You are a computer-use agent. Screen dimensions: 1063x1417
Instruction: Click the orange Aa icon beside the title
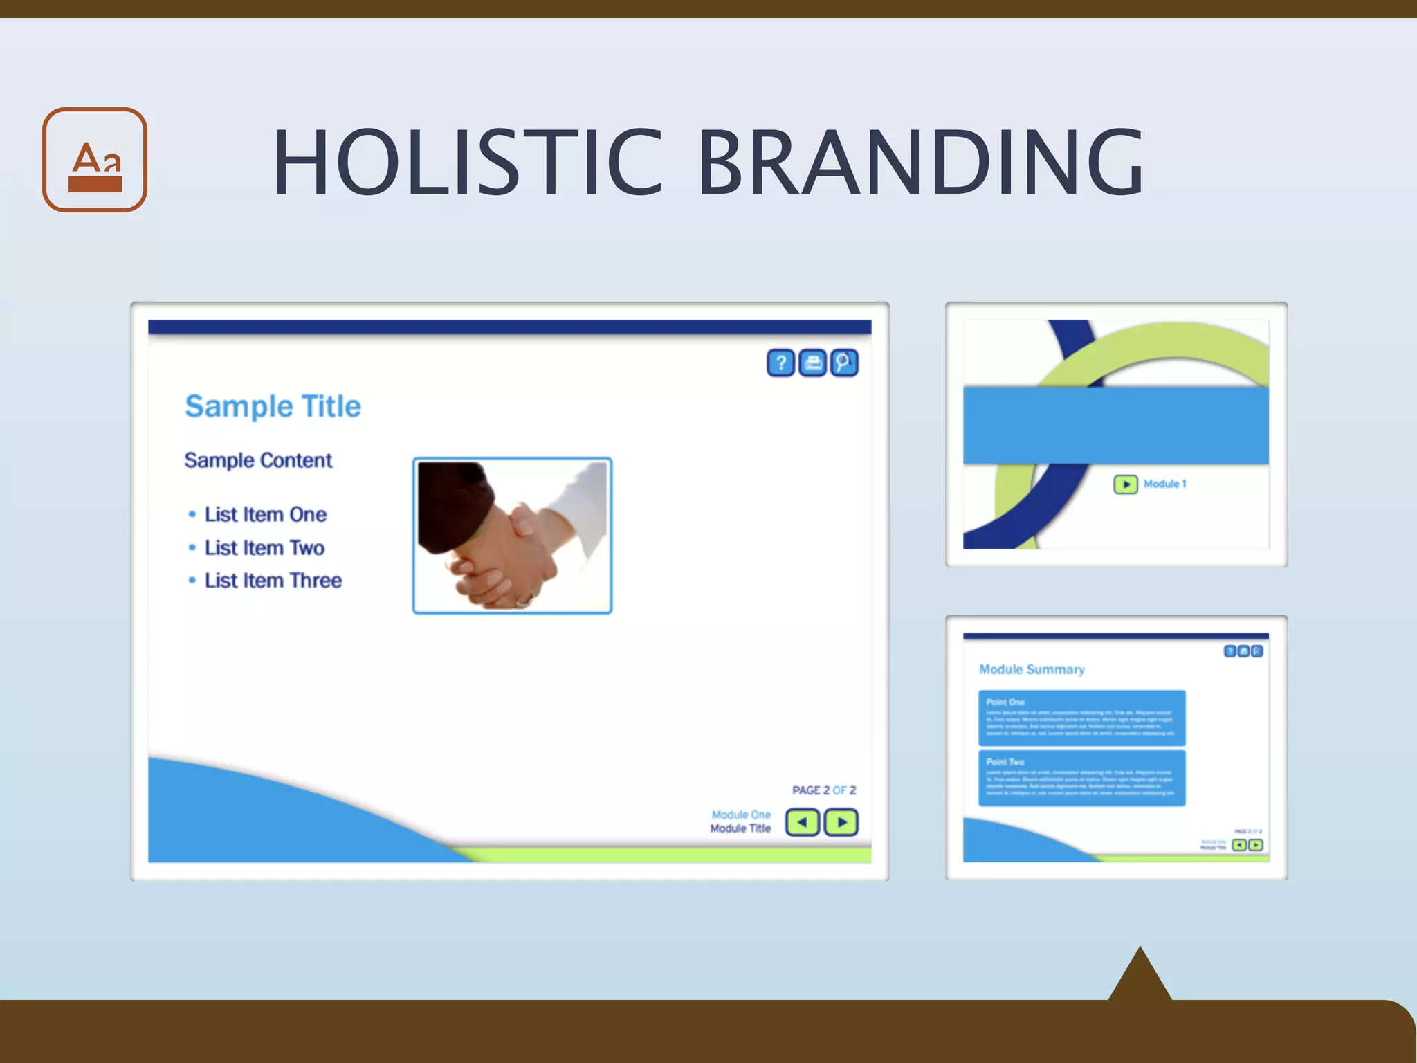pyautogui.click(x=95, y=160)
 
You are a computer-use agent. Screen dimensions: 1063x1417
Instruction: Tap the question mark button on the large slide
pyautogui.click(x=780, y=363)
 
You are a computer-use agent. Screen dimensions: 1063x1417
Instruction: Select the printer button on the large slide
pyautogui.click(x=813, y=363)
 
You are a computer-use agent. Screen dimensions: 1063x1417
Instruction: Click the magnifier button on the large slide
pyautogui.click(x=844, y=363)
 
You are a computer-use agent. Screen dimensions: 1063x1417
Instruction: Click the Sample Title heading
pyautogui.click(x=273, y=406)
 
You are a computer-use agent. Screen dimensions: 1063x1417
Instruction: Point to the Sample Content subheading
pyautogui.click(x=258, y=460)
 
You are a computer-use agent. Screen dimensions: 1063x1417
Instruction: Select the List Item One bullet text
pyautogui.click(x=265, y=514)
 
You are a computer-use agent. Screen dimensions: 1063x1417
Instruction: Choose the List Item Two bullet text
pyautogui.click(x=264, y=547)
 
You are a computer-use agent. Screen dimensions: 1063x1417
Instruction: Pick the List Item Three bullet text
pyautogui.click(x=273, y=580)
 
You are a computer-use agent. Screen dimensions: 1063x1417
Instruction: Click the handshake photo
pyautogui.click(x=512, y=536)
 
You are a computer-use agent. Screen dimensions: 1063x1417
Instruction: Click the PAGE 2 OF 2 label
pyautogui.click(x=823, y=790)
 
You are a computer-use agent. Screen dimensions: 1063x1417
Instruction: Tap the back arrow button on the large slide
pyautogui.click(x=803, y=822)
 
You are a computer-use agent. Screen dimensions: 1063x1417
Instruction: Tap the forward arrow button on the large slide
pyautogui.click(x=841, y=822)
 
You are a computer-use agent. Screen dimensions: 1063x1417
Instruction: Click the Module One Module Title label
pyautogui.click(x=740, y=821)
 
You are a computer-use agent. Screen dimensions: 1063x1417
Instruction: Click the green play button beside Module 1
pyautogui.click(x=1125, y=484)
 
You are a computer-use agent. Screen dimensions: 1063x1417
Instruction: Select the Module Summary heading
pyautogui.click(x=1032, y=669)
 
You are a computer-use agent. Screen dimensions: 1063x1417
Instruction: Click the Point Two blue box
pyautogui.click(x=1081, y=778)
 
